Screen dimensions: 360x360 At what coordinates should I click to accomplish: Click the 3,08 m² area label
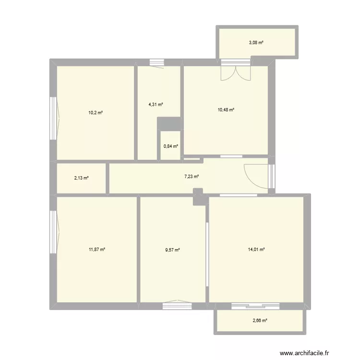pyautogui.click(x=256, y=43)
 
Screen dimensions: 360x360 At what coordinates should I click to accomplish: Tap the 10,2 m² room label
pyautogui.click(x=95, y=113)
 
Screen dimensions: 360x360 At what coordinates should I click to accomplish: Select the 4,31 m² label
pyautogui.click(x=156, y=104)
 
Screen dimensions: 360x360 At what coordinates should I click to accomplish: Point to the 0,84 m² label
pyautogui.click(x=170, y=147)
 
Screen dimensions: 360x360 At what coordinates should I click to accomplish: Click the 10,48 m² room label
pyautogui.click(x=226, y=110)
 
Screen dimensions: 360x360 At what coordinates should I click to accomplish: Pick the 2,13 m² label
pyautogui.click(x=81, y=178)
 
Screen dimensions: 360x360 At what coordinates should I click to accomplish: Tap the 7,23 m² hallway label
pyautogui.click(x=192, y=177)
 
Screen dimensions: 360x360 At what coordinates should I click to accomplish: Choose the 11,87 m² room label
pyautogui.click(x=97, y=249)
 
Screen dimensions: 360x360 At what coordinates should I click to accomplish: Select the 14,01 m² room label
pyautogui.click(x=256, y=249)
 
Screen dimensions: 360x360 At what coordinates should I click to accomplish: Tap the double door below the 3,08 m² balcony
pyautogui.click(x=236, y=71)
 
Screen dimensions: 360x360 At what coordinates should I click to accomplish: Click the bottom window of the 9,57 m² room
pyautogui.click(x=177, y=303)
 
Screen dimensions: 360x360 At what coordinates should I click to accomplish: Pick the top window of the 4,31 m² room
pyautogui.click(x=156, y=62)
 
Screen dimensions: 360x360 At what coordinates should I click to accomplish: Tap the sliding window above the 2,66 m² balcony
pyautogui.click(x=255, y=305)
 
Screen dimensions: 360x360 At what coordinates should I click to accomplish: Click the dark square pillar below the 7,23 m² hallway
pyautogui.click(x=198, y=197)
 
